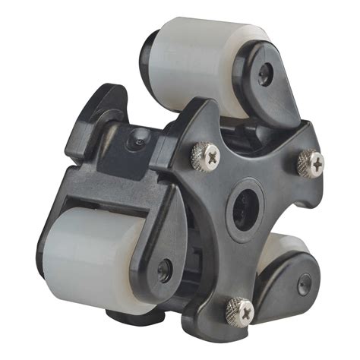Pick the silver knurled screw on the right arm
tap(310, 162)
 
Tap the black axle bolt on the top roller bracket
tap(264, 73)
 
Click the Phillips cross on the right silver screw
tap(310, 162)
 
